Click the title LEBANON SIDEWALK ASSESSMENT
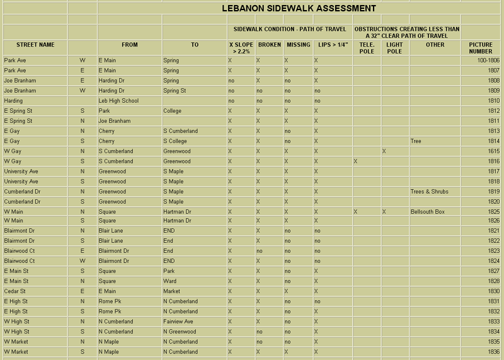pyautogui.click(x=299, y=9)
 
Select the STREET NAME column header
pyautogui.click(x=35, y=45)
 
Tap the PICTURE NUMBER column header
pyautogui.click(x=481, y=48)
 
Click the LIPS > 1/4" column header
pyautogui.click(x=333, y=45)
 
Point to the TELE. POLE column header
pyautogui.click(x=367, y=48)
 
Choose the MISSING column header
pyautogui.click(x=298, y=45)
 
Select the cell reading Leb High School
pyautogui.click(x=118, y=101)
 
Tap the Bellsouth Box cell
pyautogui.click(x=428, y=212)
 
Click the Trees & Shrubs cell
pyautogui.click(x=429, y=192)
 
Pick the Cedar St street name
pyautogui.click(x=14, y=291)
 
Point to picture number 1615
pyautogui.click(x=493, y=151)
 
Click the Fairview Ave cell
pyautogui.click(x=178, y=322)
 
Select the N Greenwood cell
pyautogui.click(x=180, y=332)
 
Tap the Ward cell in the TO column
pyautogui.click(x=169, y=281)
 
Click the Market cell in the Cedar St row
pyautogui.click(x=171, y=291)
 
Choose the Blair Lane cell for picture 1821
pyautogui.click(x=111, y=231)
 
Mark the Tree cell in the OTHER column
pyautogui.click(x=416, y=141)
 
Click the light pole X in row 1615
pyautogui.click(x=384, y=151)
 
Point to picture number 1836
pyautogui.click(x=493, y=352)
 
